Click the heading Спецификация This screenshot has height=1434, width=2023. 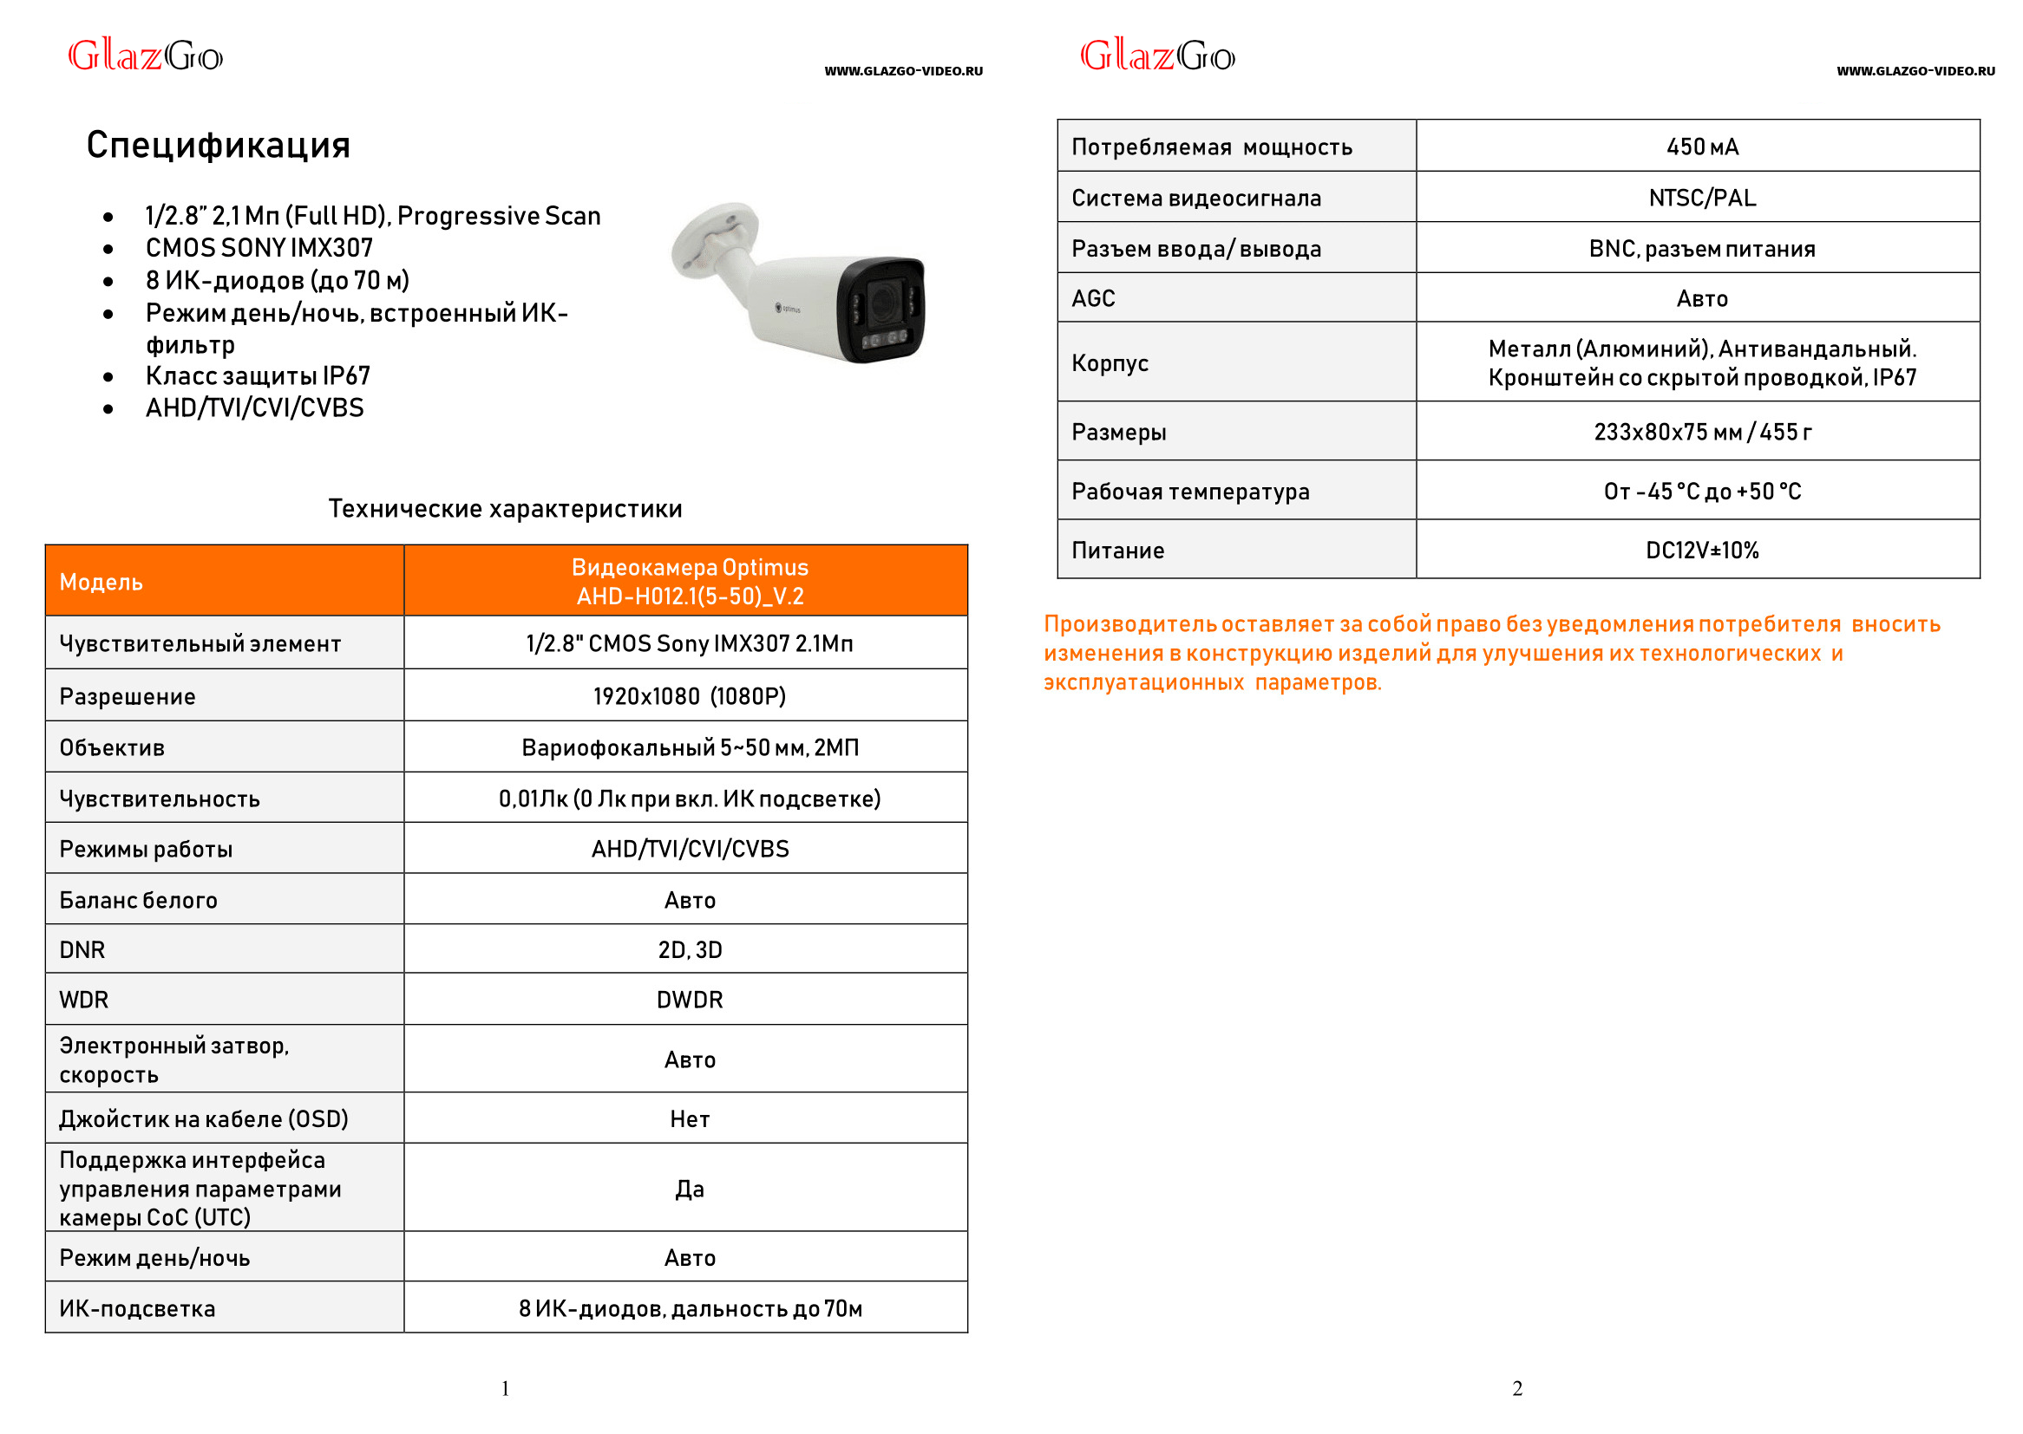point(219,146)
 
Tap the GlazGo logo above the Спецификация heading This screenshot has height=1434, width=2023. point(146,56)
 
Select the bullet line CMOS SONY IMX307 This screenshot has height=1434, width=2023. point(259,248)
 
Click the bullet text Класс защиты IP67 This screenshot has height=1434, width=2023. point(257,376)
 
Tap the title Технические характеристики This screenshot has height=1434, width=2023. point(505,509)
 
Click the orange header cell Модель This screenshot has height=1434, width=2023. point(101,582)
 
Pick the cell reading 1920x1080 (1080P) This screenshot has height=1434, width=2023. point(689,697)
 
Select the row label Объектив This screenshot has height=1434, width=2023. point(112,748)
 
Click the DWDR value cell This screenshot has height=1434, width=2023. point(689,1000)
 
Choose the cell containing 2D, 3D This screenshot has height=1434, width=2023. point(689,950)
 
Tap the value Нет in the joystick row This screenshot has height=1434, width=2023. point(689,1119)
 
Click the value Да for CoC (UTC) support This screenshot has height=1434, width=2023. point(689,1190)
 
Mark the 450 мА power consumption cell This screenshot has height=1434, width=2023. point(1701,147)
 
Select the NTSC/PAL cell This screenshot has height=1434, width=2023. point(1701,198)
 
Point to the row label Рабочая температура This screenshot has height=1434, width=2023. point(1190,492)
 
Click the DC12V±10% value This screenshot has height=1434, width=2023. point(1701,551)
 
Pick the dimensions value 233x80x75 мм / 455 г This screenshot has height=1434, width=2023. point(1701,433)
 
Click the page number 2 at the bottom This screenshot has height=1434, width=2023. point(1516,1389)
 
